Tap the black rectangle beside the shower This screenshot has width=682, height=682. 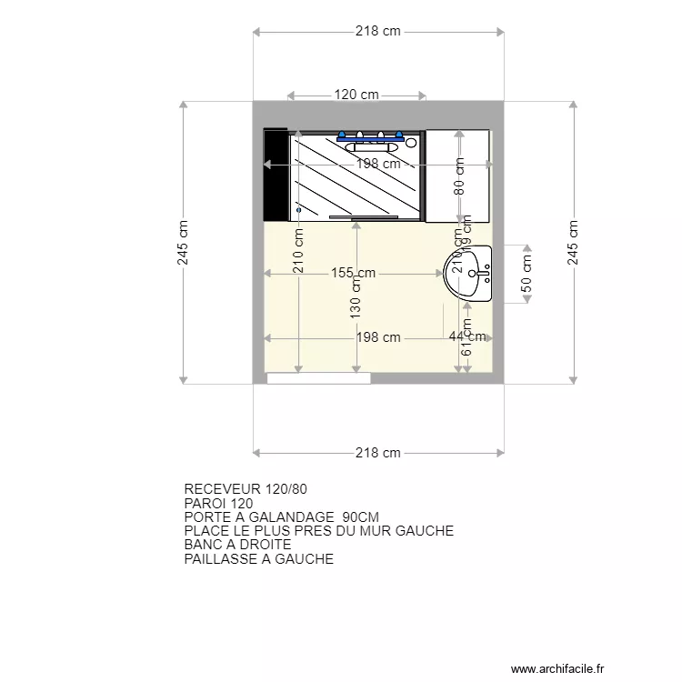(x=275, y=175)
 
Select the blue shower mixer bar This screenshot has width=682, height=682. (x=369, y=139)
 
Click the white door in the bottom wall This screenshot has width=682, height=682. (x=318, y=377)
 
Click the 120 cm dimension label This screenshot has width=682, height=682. (x=356, y=95)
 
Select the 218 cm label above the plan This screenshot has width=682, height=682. (x=378, y=32)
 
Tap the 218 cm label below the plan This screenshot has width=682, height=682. (x=378, y=453)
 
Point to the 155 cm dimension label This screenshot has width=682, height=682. (x=354, y=273)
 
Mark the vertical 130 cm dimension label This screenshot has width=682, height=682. (x=356, y=296)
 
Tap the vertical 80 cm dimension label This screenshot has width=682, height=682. (x=459, y=176)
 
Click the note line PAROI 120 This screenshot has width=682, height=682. (x=218, y=503)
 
